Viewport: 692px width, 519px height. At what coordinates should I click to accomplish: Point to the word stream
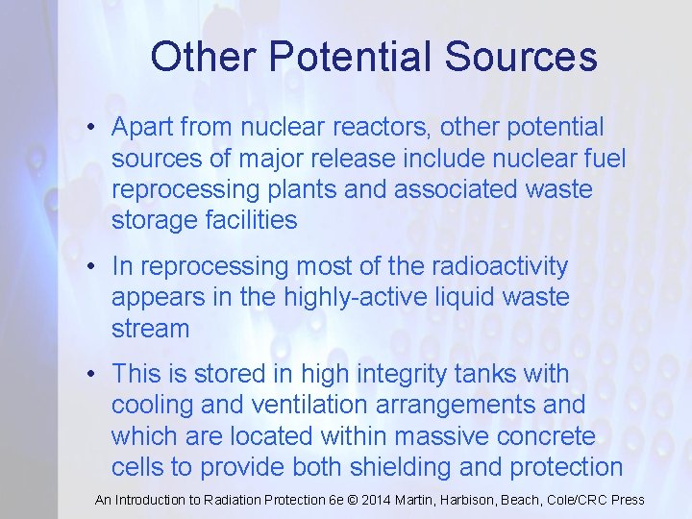[x=151, y=329]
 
